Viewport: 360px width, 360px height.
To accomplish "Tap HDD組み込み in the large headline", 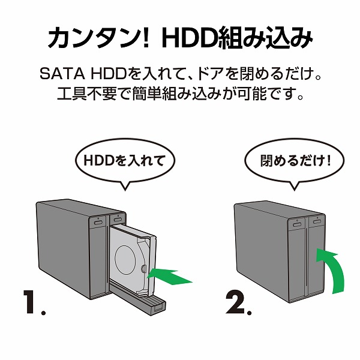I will click(x=237, y=40).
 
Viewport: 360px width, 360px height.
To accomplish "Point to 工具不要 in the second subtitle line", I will click(x=80, y=95).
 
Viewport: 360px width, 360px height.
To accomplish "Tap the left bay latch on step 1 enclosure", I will click(x=97, y=220).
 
